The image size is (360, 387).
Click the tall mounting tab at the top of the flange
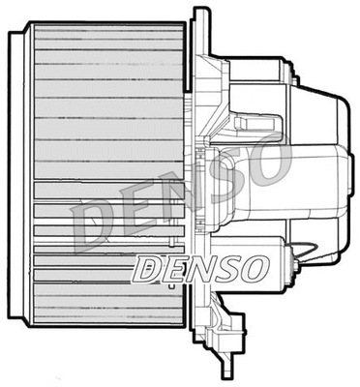(x=200, y=29)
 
